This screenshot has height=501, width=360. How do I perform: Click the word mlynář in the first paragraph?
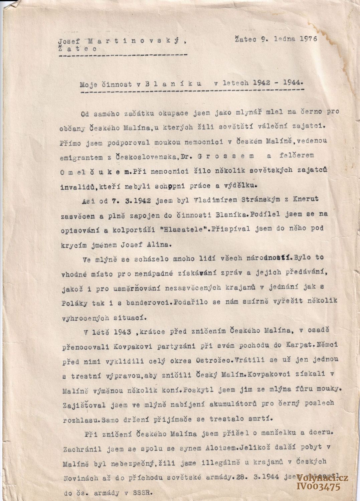tap(232, 112)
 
